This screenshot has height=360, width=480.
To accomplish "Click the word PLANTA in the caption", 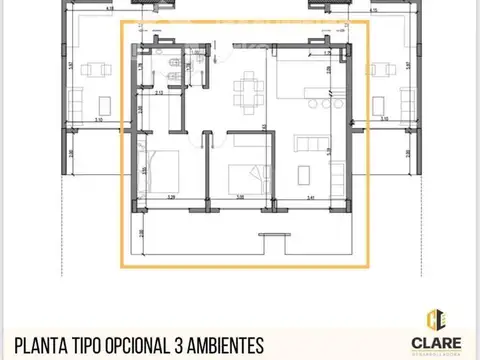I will point(40,345).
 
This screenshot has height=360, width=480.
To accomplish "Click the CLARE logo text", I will point(434,344).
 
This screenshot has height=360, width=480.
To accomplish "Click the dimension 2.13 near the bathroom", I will point(159,92).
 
